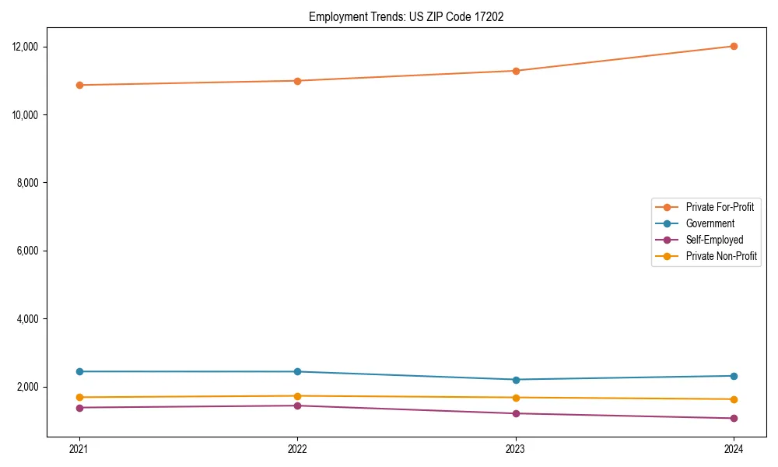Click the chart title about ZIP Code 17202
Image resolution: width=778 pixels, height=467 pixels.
pos(406,16)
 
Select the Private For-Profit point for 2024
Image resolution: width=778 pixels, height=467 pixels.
pos(734,46)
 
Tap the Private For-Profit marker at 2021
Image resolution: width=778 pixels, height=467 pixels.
pos(79,85)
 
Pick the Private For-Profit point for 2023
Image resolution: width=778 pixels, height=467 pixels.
pos(516,71)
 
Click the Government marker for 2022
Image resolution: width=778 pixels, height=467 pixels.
pos(297,371)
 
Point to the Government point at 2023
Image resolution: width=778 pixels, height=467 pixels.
pos(516,380)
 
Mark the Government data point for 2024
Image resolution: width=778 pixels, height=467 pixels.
pos(734,376)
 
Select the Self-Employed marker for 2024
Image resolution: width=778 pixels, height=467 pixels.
pos(734,418)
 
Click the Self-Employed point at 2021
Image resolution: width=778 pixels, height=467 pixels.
pos(79,408)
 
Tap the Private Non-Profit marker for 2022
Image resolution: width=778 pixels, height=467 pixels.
pos(297,396)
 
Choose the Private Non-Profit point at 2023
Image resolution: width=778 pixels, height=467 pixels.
pos(516,398)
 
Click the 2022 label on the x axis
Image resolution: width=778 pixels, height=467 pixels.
pos(297,448)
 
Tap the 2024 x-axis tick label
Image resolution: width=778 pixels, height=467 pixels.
pos(734,448)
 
